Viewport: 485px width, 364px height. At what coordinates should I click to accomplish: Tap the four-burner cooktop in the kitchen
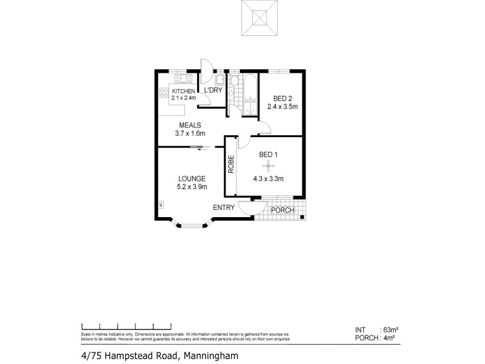(163, 93)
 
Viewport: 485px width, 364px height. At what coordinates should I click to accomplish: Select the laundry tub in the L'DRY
(220, 79)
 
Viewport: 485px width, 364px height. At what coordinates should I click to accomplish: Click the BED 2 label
(282, 98)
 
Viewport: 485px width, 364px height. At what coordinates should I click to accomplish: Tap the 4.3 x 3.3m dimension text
(269, 179)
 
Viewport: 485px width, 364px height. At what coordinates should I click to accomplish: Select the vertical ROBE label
(231, 166)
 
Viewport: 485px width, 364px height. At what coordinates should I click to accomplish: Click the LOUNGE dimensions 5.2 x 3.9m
(192, 187)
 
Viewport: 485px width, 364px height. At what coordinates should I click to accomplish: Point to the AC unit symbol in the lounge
(161, 205)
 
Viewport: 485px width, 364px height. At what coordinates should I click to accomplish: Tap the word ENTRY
(224, 208)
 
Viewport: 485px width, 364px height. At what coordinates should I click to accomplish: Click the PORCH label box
(283, 211)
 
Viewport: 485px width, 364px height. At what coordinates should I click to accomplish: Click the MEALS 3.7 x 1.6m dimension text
(189, 133)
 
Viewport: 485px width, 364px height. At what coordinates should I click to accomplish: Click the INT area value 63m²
(389, 329)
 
